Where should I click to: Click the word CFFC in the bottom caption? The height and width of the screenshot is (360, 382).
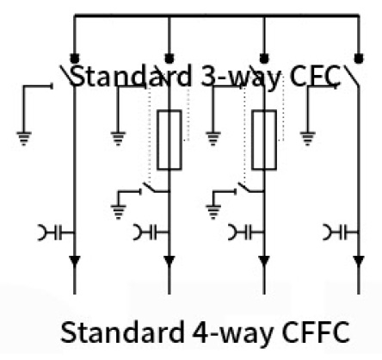pos(316,332)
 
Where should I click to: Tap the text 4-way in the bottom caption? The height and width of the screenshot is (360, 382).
pos(232,333)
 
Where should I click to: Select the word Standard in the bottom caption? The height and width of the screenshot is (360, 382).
pos(122,332)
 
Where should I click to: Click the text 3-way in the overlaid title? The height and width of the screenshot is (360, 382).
pos(240,77)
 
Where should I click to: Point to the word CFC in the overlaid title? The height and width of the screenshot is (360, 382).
pos(315,77)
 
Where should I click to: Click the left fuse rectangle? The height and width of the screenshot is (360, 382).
pos(169,140)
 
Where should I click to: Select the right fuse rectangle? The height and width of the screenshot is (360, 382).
pos(264,140)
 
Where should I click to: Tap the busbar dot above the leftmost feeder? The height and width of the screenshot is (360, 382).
pos(75,59)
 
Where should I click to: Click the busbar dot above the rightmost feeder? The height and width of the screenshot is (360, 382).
pos(359,59)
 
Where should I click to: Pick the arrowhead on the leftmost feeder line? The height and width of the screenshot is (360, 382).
pos(75,261)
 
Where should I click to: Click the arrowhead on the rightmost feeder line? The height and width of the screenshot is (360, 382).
pos(359,261)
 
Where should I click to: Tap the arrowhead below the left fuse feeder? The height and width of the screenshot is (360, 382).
pos(169,261)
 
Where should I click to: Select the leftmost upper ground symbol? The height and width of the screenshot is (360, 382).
pos(24,139)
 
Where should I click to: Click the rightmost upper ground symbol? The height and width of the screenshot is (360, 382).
pos(308,139)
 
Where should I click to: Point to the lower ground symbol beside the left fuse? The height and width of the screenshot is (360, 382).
pos(119,212)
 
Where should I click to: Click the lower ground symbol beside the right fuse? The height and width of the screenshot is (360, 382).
pos(213,212)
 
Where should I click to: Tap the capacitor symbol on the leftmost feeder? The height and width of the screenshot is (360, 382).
pos(56,233)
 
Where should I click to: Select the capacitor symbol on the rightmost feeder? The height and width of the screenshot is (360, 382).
pos(341,233)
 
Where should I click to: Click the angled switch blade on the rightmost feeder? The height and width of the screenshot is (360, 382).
pos(352,76)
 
